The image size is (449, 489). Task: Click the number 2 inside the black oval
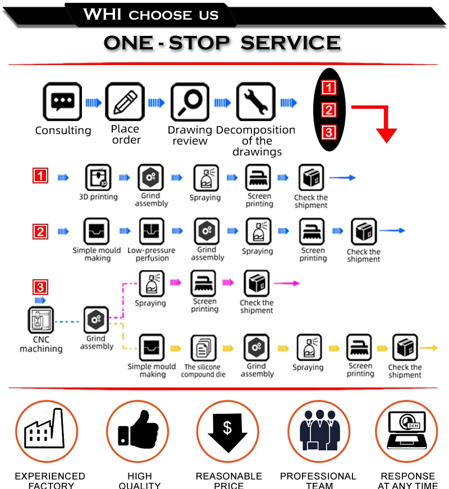(329, 110)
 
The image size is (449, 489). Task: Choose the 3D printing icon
(98, 178)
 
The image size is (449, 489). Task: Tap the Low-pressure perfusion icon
(152, 231)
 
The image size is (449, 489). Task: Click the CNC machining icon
(41, 320)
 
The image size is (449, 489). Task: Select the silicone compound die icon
(203, 348)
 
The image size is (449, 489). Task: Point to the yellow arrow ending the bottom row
(429, 348)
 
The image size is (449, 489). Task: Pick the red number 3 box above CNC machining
(41, 288)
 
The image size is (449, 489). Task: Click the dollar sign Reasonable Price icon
(227, 431)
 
